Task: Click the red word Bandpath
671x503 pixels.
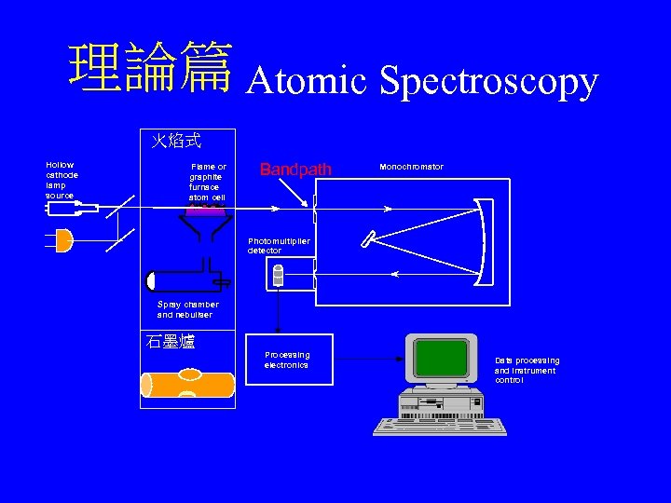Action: (x=294, y=170)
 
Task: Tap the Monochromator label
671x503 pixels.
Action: (x=411, y=167)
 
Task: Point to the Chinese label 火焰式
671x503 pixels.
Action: (x=176, y=141)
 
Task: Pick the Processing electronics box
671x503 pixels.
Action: (x=288, y=360)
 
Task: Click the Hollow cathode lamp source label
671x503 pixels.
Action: (x=62, y=181)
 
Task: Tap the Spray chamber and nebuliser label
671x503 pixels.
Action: (x=187, y=309)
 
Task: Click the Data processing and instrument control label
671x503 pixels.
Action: (x=527, y=370)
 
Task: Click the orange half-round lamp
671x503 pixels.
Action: (x=63, y=241)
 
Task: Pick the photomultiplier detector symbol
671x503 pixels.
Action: (x=277, y=274)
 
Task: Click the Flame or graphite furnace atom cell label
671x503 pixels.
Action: (x=207, y=182)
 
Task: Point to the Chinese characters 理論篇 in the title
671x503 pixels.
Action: (x=150, y=72)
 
